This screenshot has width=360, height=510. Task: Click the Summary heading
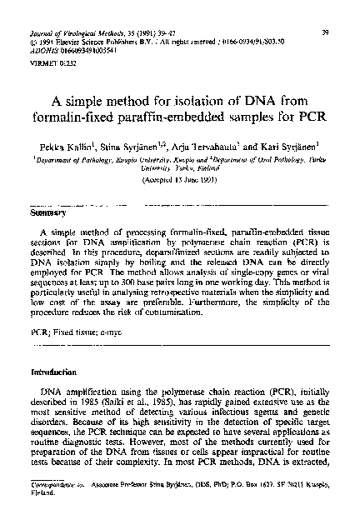tap(44, 213)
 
